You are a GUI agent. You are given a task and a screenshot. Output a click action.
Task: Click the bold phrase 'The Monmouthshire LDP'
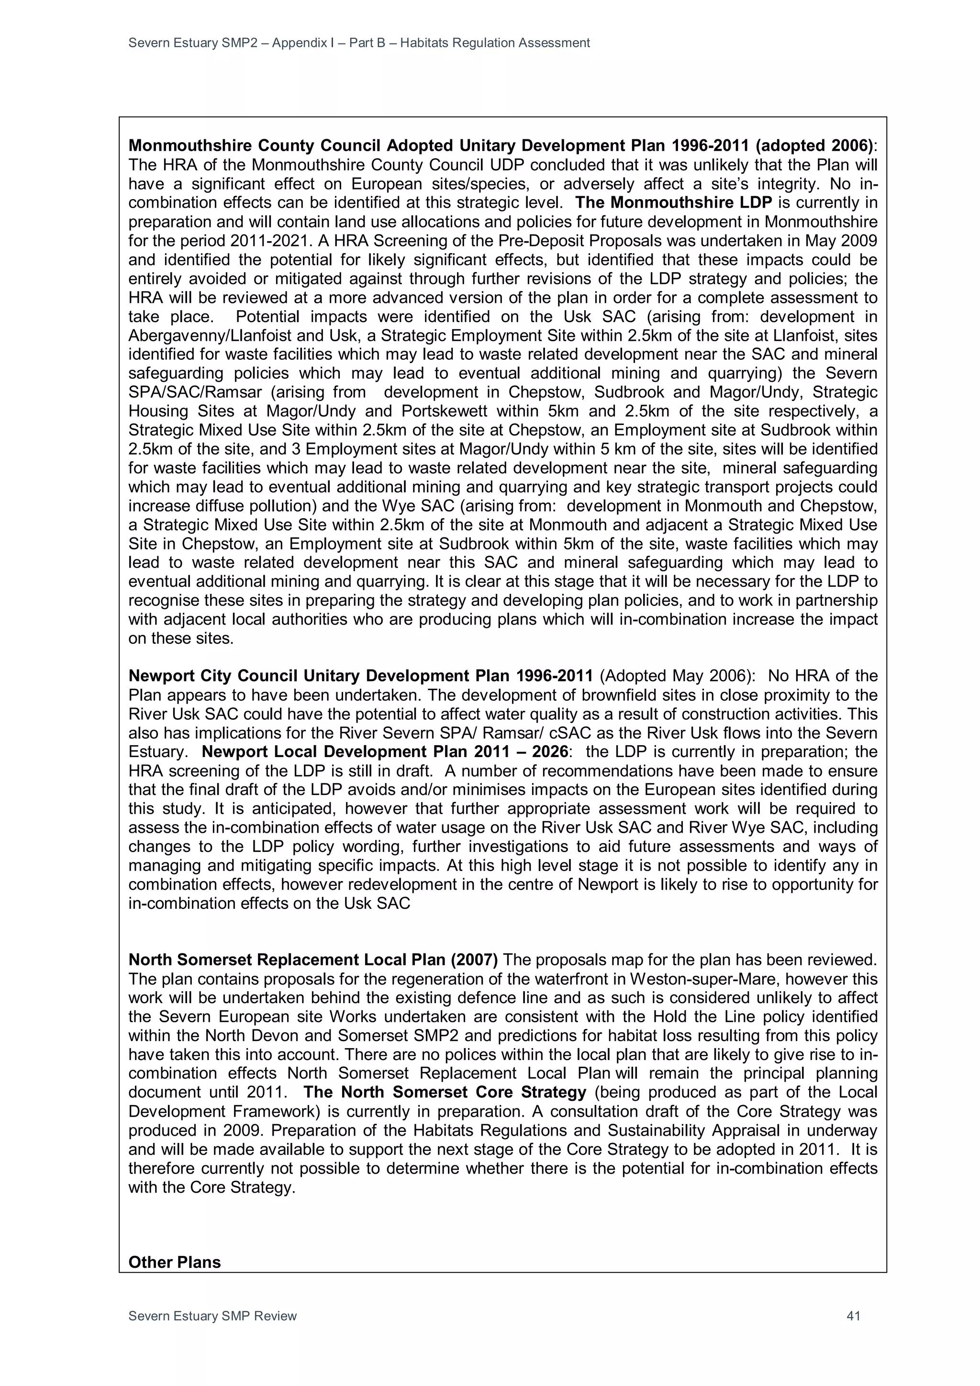pos(674,203)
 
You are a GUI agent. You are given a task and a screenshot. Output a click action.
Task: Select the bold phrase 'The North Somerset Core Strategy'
pos(445,1093)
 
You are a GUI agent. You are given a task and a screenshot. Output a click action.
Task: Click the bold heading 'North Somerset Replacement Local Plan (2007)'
pos(313,960)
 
